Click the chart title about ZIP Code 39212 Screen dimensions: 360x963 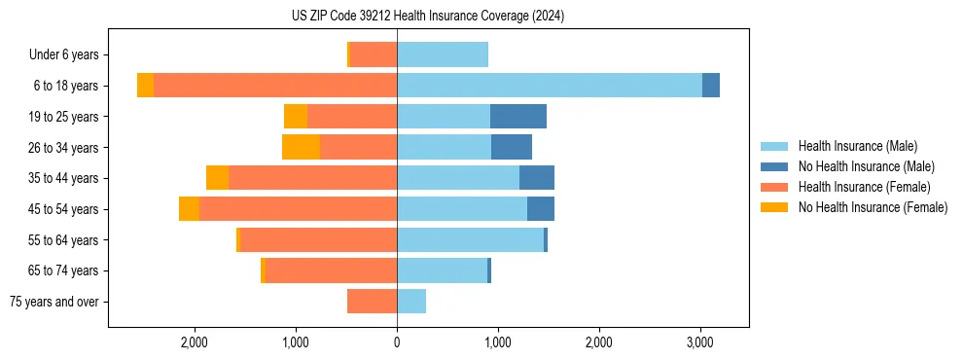[x=427, y=17]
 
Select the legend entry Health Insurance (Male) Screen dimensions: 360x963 [x=856, y=146]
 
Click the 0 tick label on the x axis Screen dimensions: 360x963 [x=397, y=342]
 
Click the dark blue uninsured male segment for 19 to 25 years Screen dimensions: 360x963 [x=517, y=117]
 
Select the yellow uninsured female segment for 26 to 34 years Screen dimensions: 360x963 [x=301, y=147]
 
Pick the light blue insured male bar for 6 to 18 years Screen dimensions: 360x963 [x=549, y=86]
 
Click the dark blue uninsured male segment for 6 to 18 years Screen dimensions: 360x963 [x=711, y=86]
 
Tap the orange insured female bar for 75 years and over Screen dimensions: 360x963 [x=372, y=302]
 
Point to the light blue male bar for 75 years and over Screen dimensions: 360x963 [x=411, y=302]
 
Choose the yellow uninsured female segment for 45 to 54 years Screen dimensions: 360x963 [x=189, y=209]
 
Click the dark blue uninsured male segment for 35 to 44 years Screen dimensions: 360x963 [x=537, y=178]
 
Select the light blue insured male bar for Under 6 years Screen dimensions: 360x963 [x=443, y=55]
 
